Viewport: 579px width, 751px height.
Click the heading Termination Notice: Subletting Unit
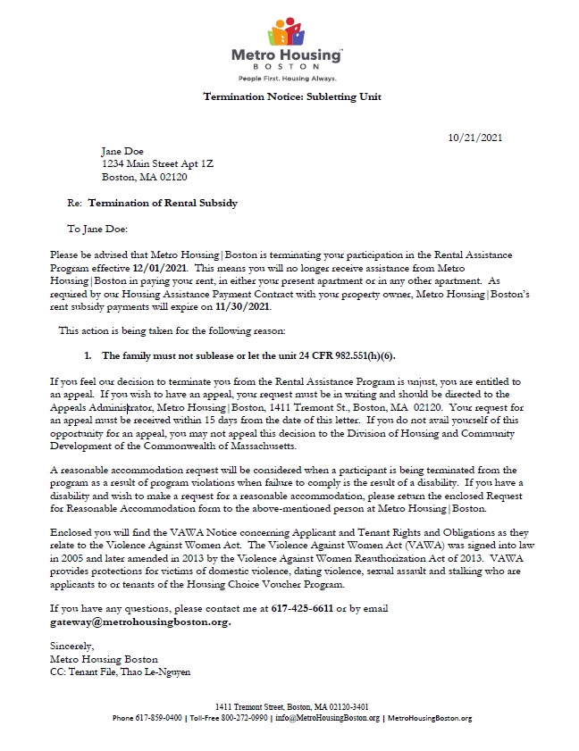286,96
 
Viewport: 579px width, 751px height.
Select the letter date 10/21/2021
474,137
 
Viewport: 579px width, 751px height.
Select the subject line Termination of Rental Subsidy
163,203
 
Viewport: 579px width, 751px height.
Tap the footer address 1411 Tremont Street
252,706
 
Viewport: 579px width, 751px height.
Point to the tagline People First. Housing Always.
286,79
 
